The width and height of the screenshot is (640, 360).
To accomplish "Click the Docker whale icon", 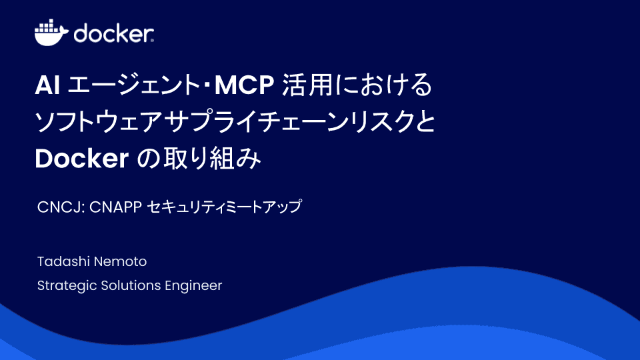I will [51, 33].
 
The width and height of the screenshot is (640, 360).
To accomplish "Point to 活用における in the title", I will [357, 87].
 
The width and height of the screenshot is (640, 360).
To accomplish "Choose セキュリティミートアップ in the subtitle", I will [224, 207].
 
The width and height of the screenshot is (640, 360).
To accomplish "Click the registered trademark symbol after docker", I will [153, 41].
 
